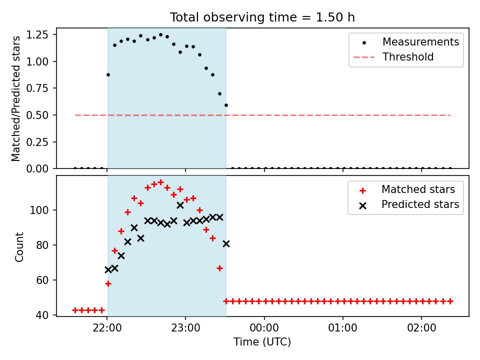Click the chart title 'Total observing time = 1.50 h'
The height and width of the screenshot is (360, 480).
pyautogui.click(x=262, y=17)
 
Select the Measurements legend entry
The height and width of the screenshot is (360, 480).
pyautogui.click(x=406, y=42)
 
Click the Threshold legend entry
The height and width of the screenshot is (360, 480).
pyautogui.click(x=393, y=57)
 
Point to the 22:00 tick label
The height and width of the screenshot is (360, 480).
pyautogui.click(x=107, y=328)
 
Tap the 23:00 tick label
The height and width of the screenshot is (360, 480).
pyautogui.click(x=185, y=328)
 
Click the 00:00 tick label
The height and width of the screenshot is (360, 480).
pyautogui.click(x=264, y=328)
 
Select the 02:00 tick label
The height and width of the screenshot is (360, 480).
pyautogui.click(x=421, y=328)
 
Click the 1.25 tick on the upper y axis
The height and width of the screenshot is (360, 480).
pyautogui.click(x=37, y=35)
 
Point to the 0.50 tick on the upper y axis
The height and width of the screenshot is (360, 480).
pyautogui.click(x=37, y=115)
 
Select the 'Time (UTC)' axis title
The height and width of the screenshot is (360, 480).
pyautogui.click(x=262, y=341)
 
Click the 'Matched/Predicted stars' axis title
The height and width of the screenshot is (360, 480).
pyautogui.click(x=15, y=98)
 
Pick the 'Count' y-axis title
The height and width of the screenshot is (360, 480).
pyautogui.click(x=19, y=247)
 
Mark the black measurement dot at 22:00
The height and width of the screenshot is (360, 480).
pyautogui.click(x=108, y=74)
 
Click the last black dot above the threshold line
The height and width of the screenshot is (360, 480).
pyautogui.click(x=226, y=105)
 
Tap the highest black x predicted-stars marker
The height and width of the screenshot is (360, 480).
pyautogui.click(x=180, y=205)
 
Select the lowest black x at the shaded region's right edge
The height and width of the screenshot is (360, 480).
pyautogui.click(x=226, y=244)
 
